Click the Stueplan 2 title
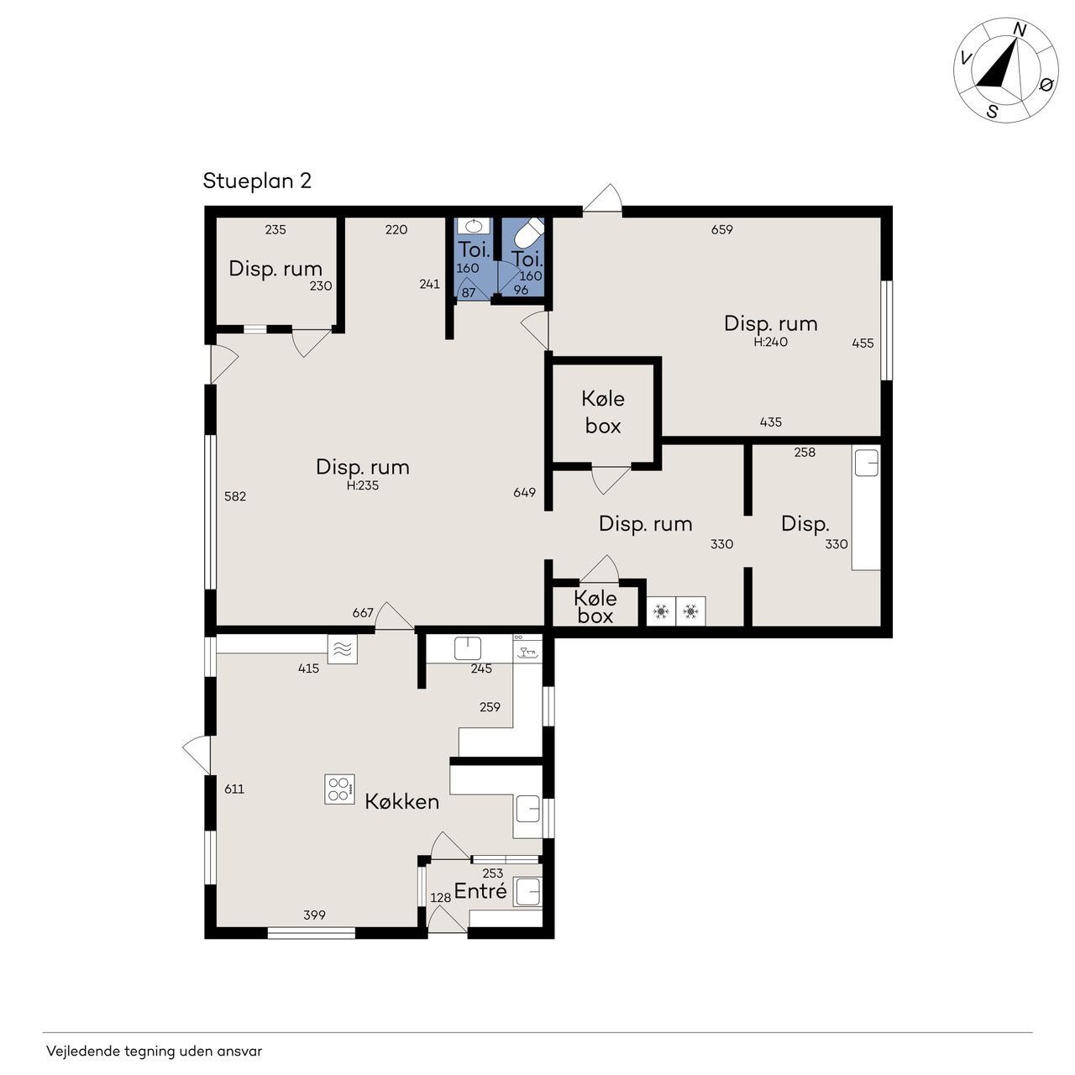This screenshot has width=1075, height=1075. [257, 181]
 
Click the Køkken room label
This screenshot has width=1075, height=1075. [401, 802]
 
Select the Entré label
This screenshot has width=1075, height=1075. [480, 891]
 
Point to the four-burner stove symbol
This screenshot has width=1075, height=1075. [340, 789]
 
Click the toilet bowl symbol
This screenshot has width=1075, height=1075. [528, 233]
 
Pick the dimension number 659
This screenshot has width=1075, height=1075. [722, 229]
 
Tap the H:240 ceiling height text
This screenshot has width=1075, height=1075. [770, 342]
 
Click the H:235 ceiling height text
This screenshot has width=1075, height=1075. [363, 485]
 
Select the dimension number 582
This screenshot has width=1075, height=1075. [235, 496]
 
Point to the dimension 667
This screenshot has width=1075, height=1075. [363, 612]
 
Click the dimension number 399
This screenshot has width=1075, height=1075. [314, 915]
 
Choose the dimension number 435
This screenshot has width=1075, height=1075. [770, 422]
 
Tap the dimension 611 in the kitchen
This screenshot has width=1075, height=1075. [234, 789]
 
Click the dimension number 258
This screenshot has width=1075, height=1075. [805, 453]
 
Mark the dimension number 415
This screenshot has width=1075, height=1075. [308, 669]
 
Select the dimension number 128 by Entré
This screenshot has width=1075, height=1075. [440, 898]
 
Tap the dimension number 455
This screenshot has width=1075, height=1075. [863, 343]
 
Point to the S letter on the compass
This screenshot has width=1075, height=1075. [992, 112]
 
